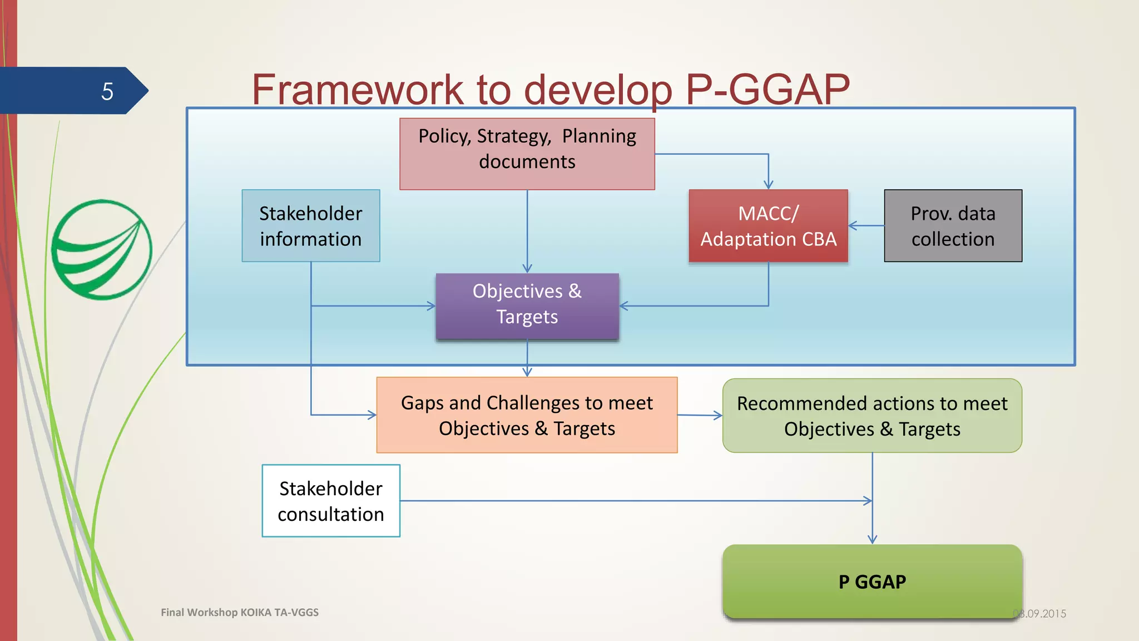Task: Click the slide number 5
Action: pyautogui.click(x=107, y=91)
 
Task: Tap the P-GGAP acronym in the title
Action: pyautogui.click(x=767, y=90)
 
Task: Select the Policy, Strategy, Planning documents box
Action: pyautogui.click(x=527, y=154)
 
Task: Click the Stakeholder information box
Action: pyautogui.click(x=310, y=226)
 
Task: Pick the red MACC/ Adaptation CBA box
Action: pyautogui.click(x=768, y=226)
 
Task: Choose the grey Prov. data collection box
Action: pyautogui.click(x=953, y=226)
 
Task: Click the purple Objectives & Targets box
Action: pyautogui.click(x=527, y=306)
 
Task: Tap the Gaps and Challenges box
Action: pyautogui.click(x=527, y=415)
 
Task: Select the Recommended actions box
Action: pyautogui.click(x=871, y=416)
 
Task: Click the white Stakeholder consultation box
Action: pyautogui.click(x=331, y=501)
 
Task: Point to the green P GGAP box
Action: pyautogui.click(x=872, y=581)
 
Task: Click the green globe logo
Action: pyautogui.click(x=102, y=250)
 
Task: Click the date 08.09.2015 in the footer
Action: pyautogui.click(x=1039, y=614)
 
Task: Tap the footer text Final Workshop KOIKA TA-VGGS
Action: pyautogui.click(x=240, y=613)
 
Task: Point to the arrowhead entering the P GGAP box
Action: pyautogui.click(x=872, y=539)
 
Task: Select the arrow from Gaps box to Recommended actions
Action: pyautogui.click(x=700, y=415)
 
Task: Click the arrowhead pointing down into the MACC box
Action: pyautogui.click(x=768, y=184)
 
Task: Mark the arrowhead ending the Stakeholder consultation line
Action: pyautogui.click(x=868, y=501)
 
